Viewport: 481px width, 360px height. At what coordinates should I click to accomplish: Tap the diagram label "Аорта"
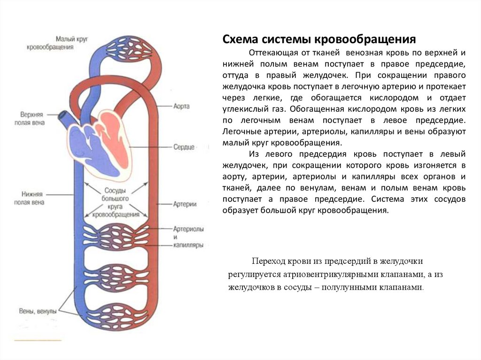[181, 107]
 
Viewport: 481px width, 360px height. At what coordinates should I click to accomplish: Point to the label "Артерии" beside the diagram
[185, 205]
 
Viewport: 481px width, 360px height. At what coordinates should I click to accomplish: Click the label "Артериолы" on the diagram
[188, 229]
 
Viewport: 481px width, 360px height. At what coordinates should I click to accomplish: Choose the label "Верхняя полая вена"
[32, 119]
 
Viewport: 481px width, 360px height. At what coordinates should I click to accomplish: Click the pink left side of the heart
[115, 141]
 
